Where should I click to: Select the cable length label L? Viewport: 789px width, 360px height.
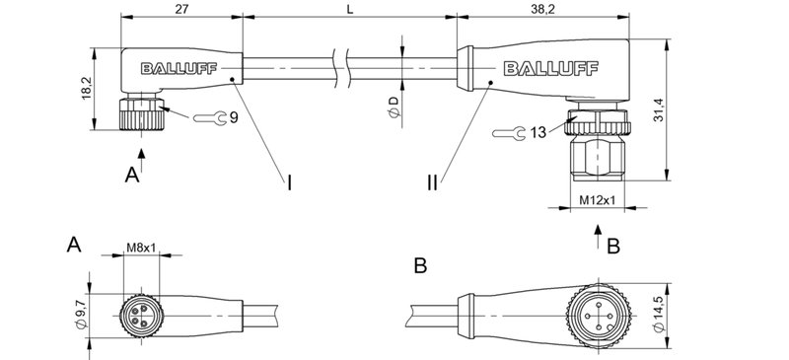point(350,8)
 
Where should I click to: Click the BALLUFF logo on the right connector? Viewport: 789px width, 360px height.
point(542,68)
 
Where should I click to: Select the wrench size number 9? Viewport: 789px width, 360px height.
point(234,117)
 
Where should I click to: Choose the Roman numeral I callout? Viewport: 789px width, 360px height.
point(289,181)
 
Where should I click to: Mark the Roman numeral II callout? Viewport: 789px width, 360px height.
point(433,181)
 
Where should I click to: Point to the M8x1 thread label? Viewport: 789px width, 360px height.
point(142,248)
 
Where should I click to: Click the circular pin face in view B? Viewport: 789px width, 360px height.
point(595,317)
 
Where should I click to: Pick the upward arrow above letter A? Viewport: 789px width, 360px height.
point(142,149)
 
